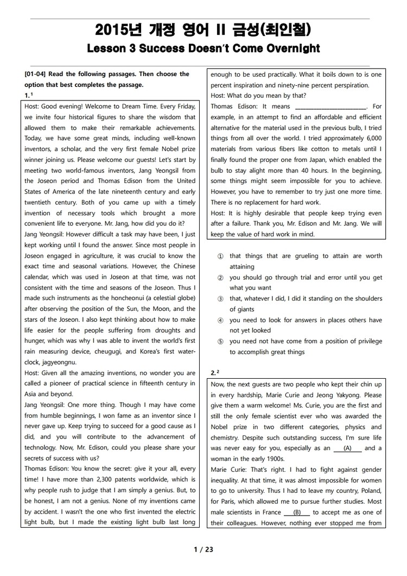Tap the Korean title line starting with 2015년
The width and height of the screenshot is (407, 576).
(203, 29)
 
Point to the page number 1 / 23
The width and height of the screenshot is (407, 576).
(203, 549)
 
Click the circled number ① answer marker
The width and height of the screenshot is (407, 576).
(220, 256)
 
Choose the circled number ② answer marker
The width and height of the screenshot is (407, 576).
(220, 277)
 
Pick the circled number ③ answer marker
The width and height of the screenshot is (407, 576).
(220, 298)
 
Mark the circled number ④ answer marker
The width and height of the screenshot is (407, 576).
(220, 320)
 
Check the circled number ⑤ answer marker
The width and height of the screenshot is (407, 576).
(220, 341)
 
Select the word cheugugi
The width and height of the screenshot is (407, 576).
(109, 352)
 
